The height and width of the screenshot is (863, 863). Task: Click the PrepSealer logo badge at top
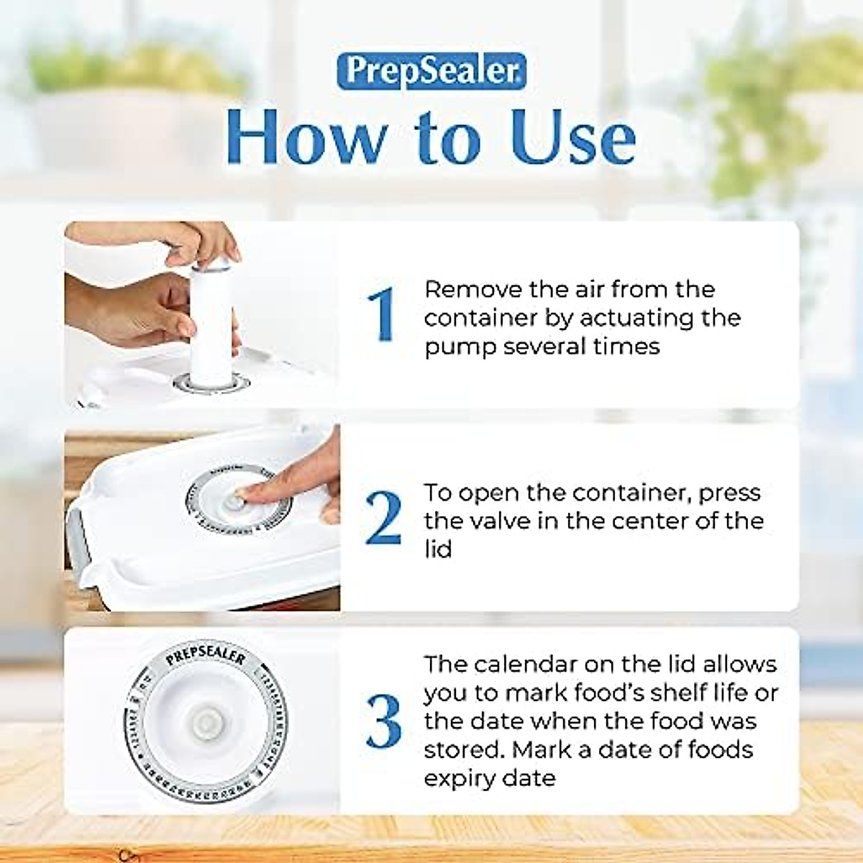[x=431, y=71]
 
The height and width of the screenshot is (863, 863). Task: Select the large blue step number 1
[x=381, y=314]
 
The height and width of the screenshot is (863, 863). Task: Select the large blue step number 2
[x=383, y=518]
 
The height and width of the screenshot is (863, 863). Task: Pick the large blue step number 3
[x=383, y=721]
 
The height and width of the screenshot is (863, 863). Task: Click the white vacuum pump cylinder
[x=212, y=316]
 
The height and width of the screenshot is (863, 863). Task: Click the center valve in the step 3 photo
[x=206, y=721]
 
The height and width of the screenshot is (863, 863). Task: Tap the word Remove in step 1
[x=473, y=289]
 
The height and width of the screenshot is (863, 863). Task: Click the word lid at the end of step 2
[x=437, y=549]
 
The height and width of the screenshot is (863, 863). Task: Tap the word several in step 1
[x=544, y=347]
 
